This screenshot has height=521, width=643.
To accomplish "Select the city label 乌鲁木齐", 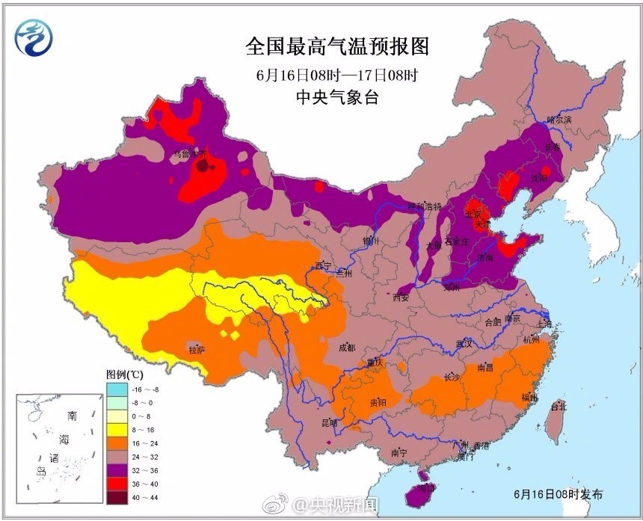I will click(189, 153).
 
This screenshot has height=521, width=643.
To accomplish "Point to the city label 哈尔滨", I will click(559, 120).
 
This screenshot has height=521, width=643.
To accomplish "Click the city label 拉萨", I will click(197, 349).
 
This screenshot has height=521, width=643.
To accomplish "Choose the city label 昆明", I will click(329, 423).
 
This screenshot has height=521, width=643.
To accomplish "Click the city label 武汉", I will click(464, 344).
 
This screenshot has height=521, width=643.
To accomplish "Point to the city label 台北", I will click(559, 407).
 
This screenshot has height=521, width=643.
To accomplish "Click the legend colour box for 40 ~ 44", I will click(116, 495).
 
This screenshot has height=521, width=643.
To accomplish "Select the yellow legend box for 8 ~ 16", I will click(116, 431).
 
